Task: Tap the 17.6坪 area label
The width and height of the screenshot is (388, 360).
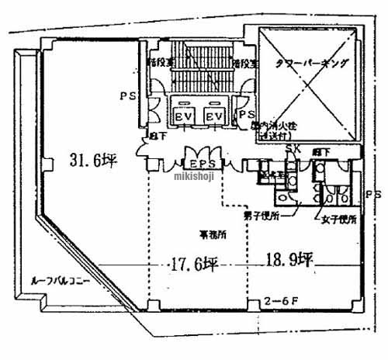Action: pos(191,265)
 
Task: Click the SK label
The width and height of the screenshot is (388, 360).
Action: pos(293,149)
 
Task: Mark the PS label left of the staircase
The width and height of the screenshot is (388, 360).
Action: pos(127,96)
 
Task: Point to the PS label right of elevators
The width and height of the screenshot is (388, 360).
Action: pos(245,114)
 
